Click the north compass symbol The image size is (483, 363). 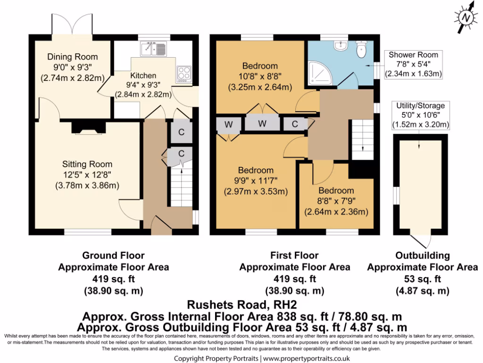tap(466, 18)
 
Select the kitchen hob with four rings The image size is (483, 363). tap(183, 73)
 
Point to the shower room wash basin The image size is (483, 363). tap(339, 45)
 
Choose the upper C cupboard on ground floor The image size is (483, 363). tap(181, 133)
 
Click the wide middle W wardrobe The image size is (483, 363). tap(262, 124)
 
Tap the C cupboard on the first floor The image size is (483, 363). tap(295, 124)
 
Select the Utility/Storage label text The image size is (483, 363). tap(420, 106)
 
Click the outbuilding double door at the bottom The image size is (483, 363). tap(420, 240)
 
